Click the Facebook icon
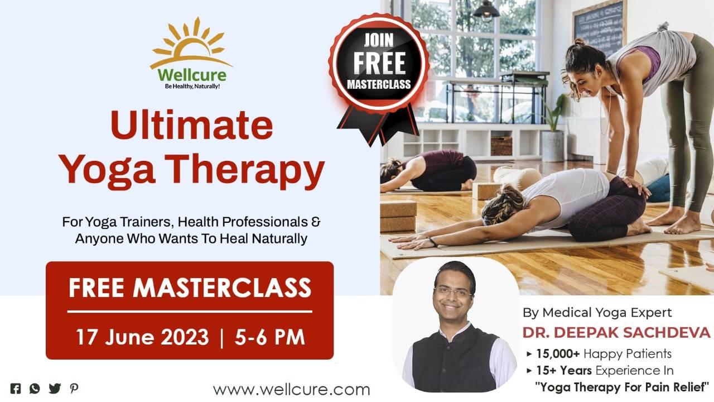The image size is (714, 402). click(x=16, y=389)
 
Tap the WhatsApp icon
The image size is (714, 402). click(x=35, y=389)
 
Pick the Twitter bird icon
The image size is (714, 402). click(x=55, y=389)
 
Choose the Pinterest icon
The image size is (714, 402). click(x=74, y=389)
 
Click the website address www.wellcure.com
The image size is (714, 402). click(x=291, y=389)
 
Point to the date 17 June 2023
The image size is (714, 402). click(x=142, y=337)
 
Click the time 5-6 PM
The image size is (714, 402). click(x=270, y=337)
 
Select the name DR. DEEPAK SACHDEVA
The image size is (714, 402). click(x=616, y=333)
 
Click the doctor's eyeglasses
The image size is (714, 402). click(x=452, y=291)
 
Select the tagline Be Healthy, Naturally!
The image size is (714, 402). click(x=192, y=87)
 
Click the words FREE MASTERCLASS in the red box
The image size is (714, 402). click(x=190, y=288)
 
